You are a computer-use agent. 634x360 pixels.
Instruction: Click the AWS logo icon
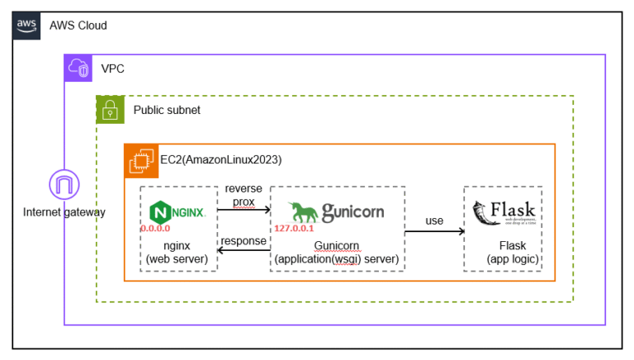[26, 26]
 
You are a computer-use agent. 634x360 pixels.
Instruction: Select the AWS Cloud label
[78, 26]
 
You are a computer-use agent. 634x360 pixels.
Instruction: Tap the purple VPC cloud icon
[78, 69]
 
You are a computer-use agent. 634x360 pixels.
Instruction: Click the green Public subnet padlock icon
[110, 109]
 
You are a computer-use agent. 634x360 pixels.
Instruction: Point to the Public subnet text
[167, 110]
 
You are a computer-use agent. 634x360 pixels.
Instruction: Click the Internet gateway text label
[64, 212]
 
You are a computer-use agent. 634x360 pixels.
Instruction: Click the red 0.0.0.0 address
[156, 227]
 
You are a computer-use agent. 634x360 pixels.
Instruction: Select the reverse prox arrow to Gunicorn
[244, 211]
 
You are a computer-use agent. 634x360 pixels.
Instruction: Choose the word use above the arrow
[434, 220]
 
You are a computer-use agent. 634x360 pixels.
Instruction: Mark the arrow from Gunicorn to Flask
[434, 232]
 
